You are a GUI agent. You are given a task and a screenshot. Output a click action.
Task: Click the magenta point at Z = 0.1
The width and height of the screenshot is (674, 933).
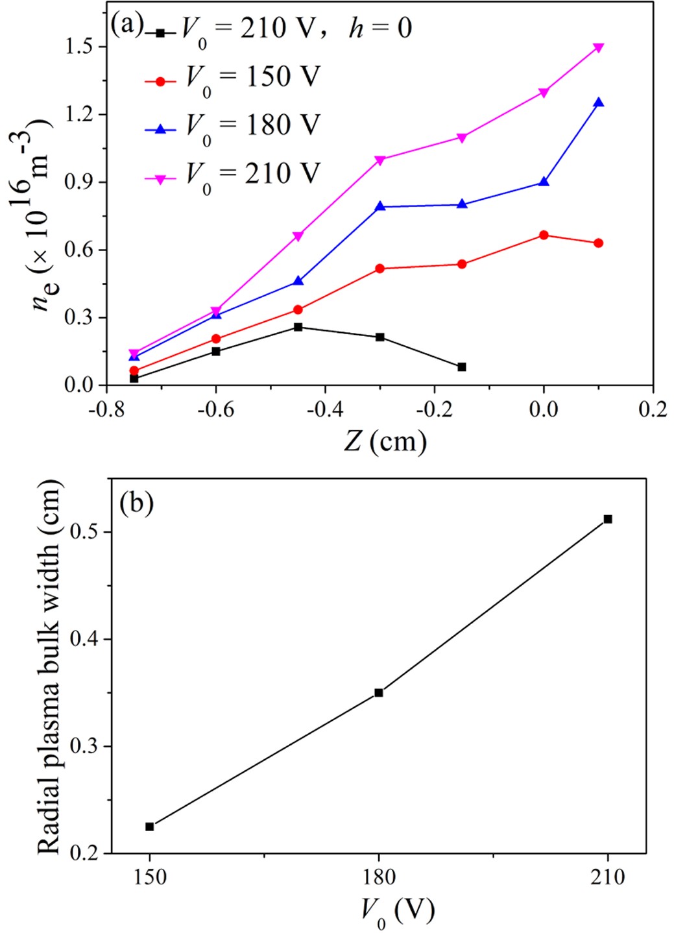tap(598, 47)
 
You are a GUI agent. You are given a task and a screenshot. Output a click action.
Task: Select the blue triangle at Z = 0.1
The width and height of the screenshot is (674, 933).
tap(598, 103)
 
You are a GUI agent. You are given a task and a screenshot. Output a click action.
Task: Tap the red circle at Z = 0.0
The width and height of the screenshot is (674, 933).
tap(544, 235)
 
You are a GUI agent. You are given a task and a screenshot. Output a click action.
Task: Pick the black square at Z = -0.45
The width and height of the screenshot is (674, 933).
tap(298, 327)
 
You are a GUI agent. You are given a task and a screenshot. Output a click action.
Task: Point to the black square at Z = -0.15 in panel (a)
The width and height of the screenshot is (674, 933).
tap(462, 367)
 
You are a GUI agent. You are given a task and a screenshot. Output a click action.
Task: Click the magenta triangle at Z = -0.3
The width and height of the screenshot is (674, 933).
tap(380, 160)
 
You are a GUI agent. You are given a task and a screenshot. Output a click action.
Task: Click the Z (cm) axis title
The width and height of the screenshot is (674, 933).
tap(385, 442)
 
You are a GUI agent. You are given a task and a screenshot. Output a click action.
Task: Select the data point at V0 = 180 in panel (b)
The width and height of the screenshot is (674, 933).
tap(379, 693)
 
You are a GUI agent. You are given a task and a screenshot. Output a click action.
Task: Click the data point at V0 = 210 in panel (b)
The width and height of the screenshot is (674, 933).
tap(608, 519)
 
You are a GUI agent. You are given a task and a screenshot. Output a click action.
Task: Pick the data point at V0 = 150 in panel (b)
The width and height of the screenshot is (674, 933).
tap(150, 827)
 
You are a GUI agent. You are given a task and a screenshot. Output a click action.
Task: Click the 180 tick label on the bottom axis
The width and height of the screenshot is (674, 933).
tap(379, 877)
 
